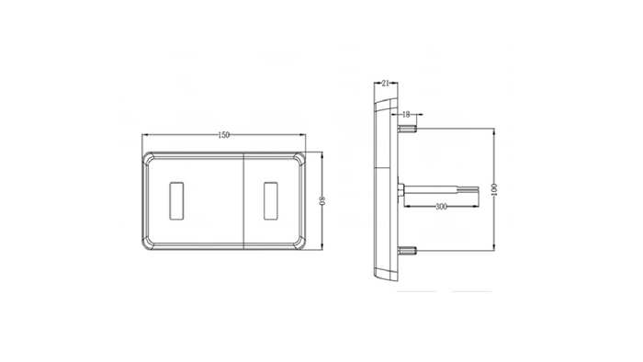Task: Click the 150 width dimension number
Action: point(223,135)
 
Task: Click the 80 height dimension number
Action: point(322,201)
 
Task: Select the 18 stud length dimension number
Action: point(407,115)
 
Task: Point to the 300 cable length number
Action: point(442,208)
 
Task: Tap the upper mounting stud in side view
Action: point(408,128)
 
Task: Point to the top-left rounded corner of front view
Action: point(148,159)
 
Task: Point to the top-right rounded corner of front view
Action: point(301,159)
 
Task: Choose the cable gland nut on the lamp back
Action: point(401,190)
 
